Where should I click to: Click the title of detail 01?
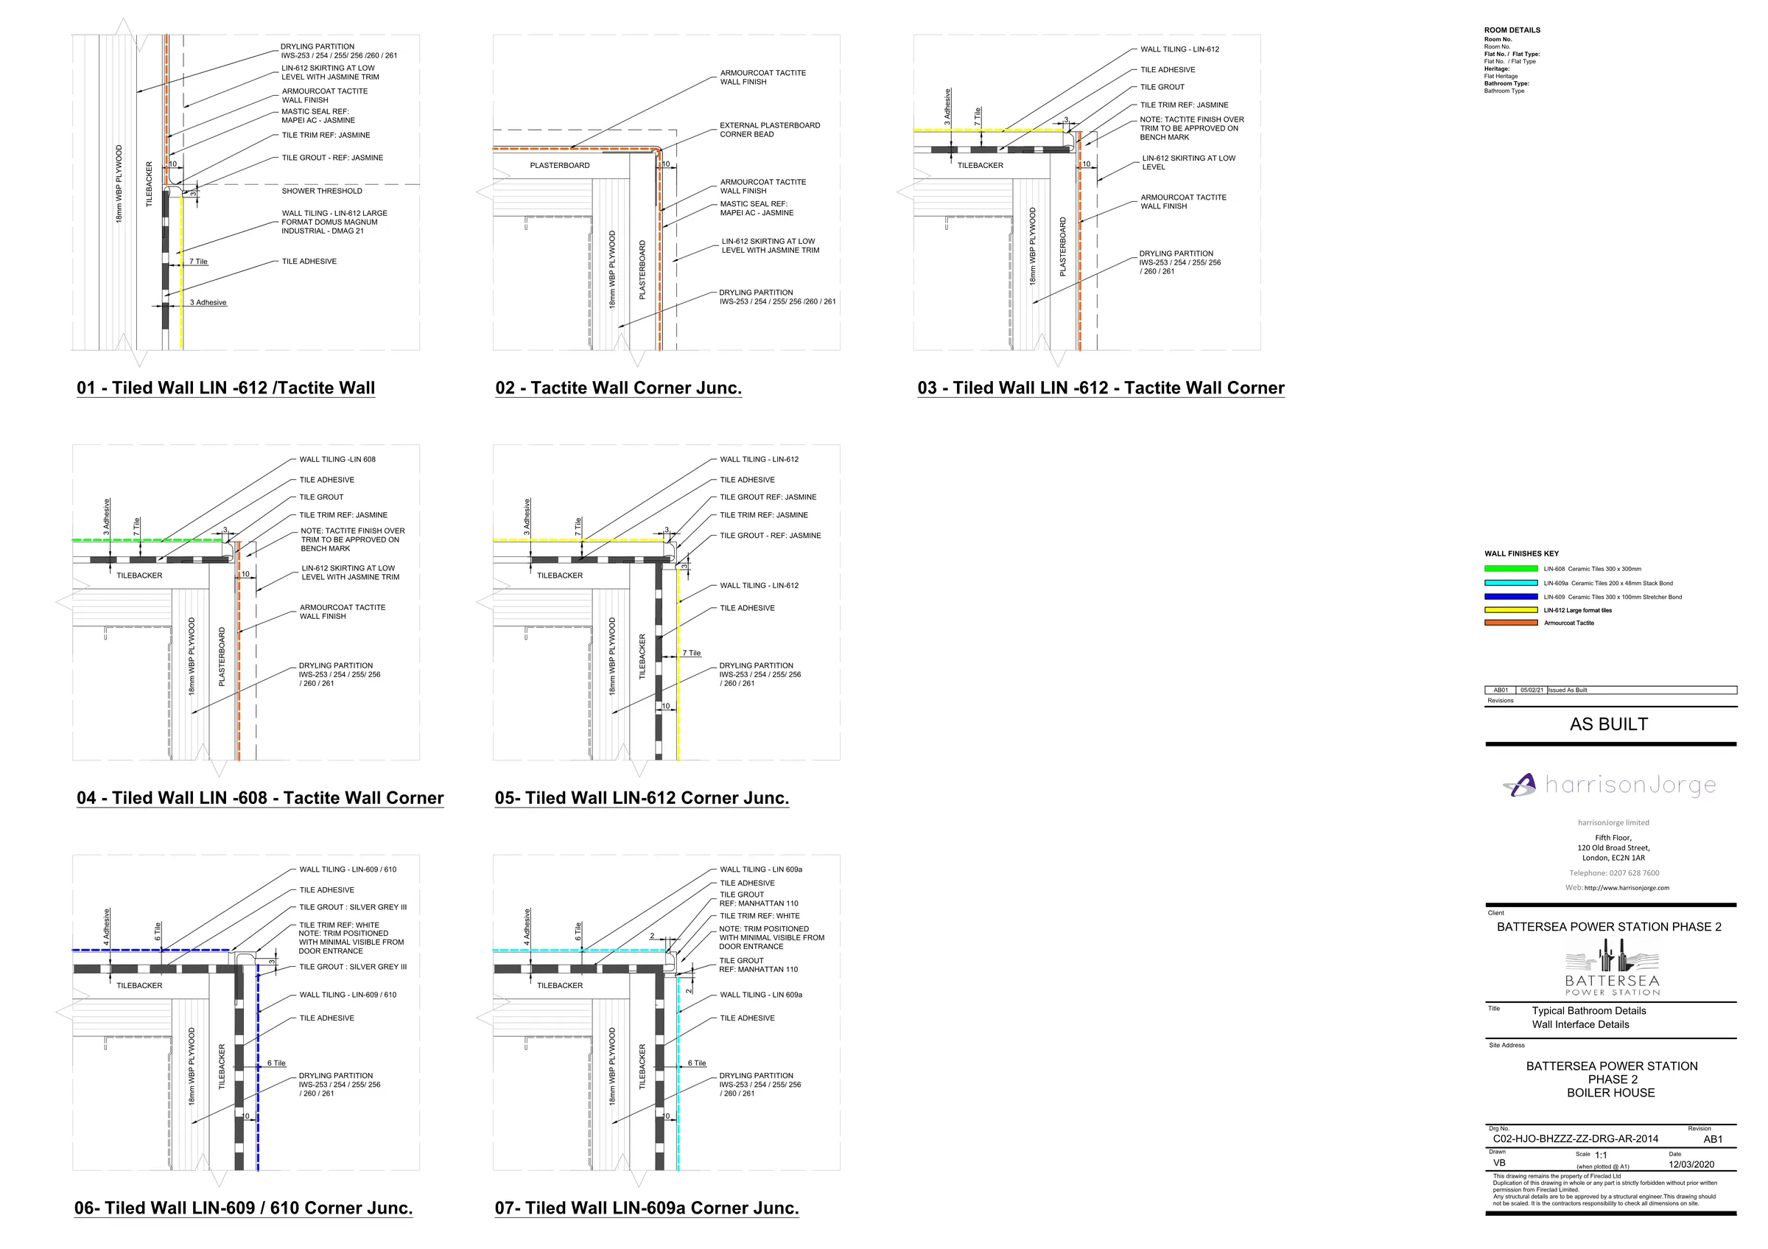pyautogui.click(x=225, y=388)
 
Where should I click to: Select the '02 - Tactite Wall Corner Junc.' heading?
pyautogui.click(x=618, y=388)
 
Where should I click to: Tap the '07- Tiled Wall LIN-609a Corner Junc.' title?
pyautogui.click(x=647, y=1208)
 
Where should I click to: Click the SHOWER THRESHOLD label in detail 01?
pyautogui.click(x=322, y=191)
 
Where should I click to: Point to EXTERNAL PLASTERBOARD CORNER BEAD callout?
pyautogui.click(x=770, y=130)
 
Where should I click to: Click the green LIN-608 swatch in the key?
pyautogui.click(x=1511, y=569)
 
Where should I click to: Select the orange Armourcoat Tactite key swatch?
pyautogui.click(x=1511, y=623)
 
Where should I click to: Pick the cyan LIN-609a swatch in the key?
pyautogui.click(x=1511, y=583)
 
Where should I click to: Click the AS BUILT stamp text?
pyautogui.click(x=1610, y=724)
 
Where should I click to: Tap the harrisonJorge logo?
pyautogui.click(x=1610, y=786)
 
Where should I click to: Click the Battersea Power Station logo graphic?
pyautogui.click(x=1613, y=968)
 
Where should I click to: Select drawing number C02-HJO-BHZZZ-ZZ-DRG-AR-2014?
pyautogui.click(x=1576, y=1139)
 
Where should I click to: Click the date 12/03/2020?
pyautogui.click(x=1692, y=1164)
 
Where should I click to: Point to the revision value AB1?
pyautogui.click(x=1713, y=1140)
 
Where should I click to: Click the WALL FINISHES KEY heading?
pyautogui.click(x=1522, y=553)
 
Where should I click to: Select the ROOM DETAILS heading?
pyautogui.click(x=1512, y=30)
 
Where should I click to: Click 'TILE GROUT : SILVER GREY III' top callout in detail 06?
pyautogui.click(x=353, y=907)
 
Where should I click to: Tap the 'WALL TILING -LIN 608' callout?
pyautogui.click(x=337, y=460)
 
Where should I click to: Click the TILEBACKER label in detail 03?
pyautogui.click(x=981, y=166)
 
